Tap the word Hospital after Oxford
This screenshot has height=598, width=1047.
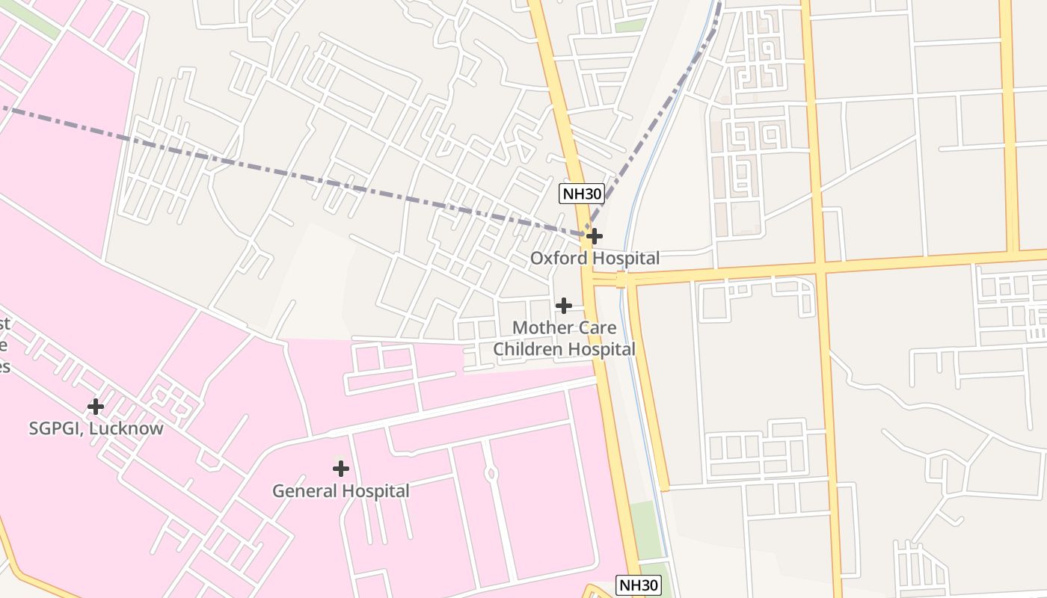[x=624, y=259]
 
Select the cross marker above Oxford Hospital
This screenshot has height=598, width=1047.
[x=595, y=236]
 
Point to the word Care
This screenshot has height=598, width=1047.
[x=597, y=327]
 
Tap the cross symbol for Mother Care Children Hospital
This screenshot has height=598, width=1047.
[x=564, y=305]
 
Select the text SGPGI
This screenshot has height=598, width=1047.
[x=54, y=429]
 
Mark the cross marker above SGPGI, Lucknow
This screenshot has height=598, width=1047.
[x=96, y=407]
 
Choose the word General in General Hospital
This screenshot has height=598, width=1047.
[x=302, y=491]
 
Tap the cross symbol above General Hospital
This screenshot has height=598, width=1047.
[x=341, y=469]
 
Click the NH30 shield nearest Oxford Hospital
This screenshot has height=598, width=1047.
[x=581, y=194]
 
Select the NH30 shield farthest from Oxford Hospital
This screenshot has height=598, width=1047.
[x=639, y=585]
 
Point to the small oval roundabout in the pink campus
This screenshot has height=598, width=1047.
[x=491, y=473]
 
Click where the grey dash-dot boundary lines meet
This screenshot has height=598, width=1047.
[x=586, y=234]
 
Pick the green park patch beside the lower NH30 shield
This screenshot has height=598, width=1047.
[x=646, y=531]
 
